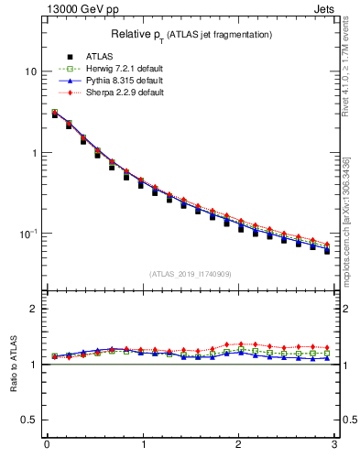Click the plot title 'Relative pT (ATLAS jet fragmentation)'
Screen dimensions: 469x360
point(191,34)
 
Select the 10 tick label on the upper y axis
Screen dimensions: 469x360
point(31,71)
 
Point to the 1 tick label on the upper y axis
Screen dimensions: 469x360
point(34,153)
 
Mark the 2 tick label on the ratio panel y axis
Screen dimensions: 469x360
point(34,309)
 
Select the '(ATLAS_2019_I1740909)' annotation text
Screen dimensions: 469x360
point(191,273)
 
